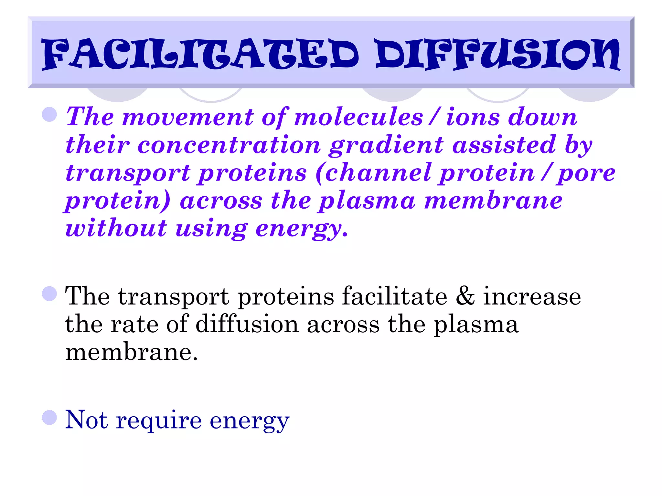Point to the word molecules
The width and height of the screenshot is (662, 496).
[358, 117]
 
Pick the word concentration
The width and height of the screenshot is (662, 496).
[229, 145]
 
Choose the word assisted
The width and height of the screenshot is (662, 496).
[504, 145]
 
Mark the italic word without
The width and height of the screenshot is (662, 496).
[116, 228]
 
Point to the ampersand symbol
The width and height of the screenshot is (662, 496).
[465, 296]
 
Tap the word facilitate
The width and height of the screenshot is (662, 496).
[394, 296]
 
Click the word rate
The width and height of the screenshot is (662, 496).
[134, 324]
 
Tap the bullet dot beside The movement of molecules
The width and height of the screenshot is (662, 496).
[49, 114]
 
